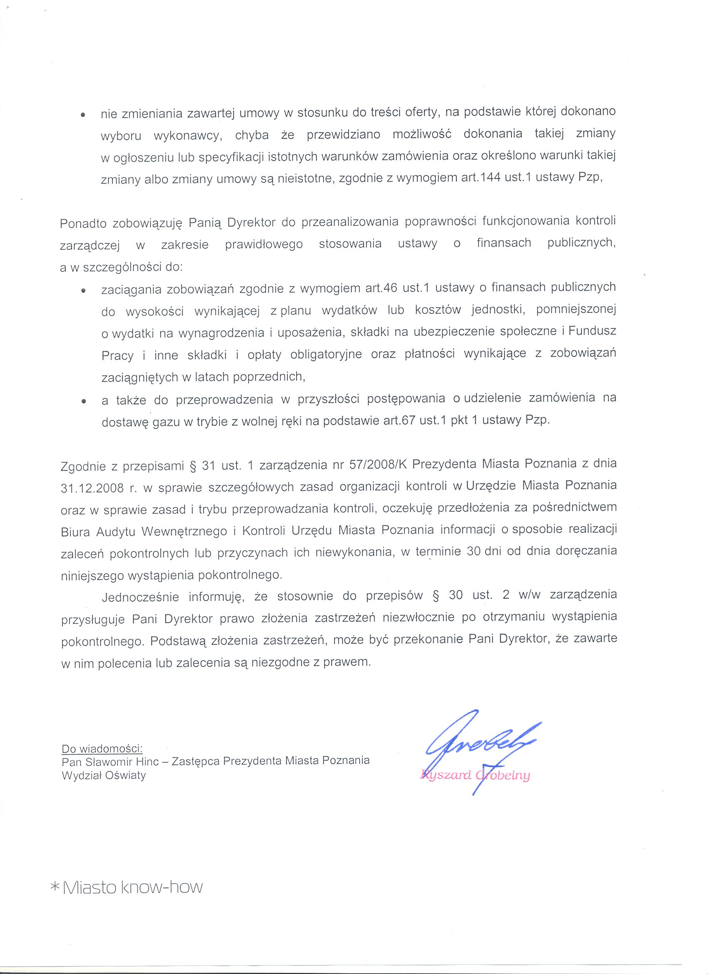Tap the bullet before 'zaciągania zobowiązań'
[x=83, y=291]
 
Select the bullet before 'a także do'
[x=83, y=402]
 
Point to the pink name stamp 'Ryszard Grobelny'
[x=476, y=775]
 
